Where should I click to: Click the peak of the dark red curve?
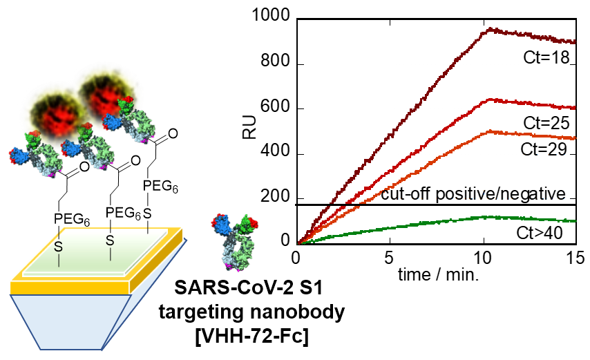pos(490,28)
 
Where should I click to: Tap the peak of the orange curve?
pos(488,131)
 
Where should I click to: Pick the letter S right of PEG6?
pos(147,212)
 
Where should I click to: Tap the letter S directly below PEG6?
pos(109,240)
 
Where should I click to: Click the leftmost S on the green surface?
pos(59,246)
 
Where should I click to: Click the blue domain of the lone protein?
pos(222,222)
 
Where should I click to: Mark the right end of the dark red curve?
pos(575,42)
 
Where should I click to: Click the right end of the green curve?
pos(575,221)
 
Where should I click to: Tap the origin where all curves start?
pos(298,243)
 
